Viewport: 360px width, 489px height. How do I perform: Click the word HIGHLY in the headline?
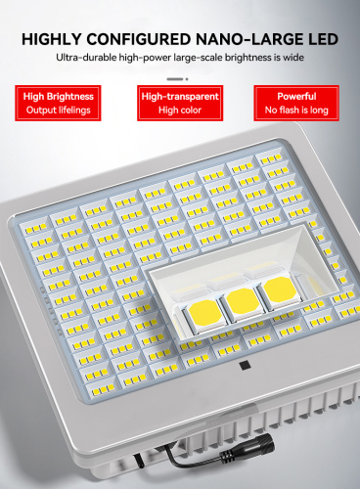click(55, 40)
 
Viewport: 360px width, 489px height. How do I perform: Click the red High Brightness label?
click(59, 96)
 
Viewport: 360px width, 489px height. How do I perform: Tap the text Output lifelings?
click(59, 111)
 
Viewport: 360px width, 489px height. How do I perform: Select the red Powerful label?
click(295, 96)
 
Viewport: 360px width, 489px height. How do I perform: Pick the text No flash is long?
click(295, 111)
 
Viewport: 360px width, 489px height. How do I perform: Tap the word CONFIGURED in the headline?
click(142, 40)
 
